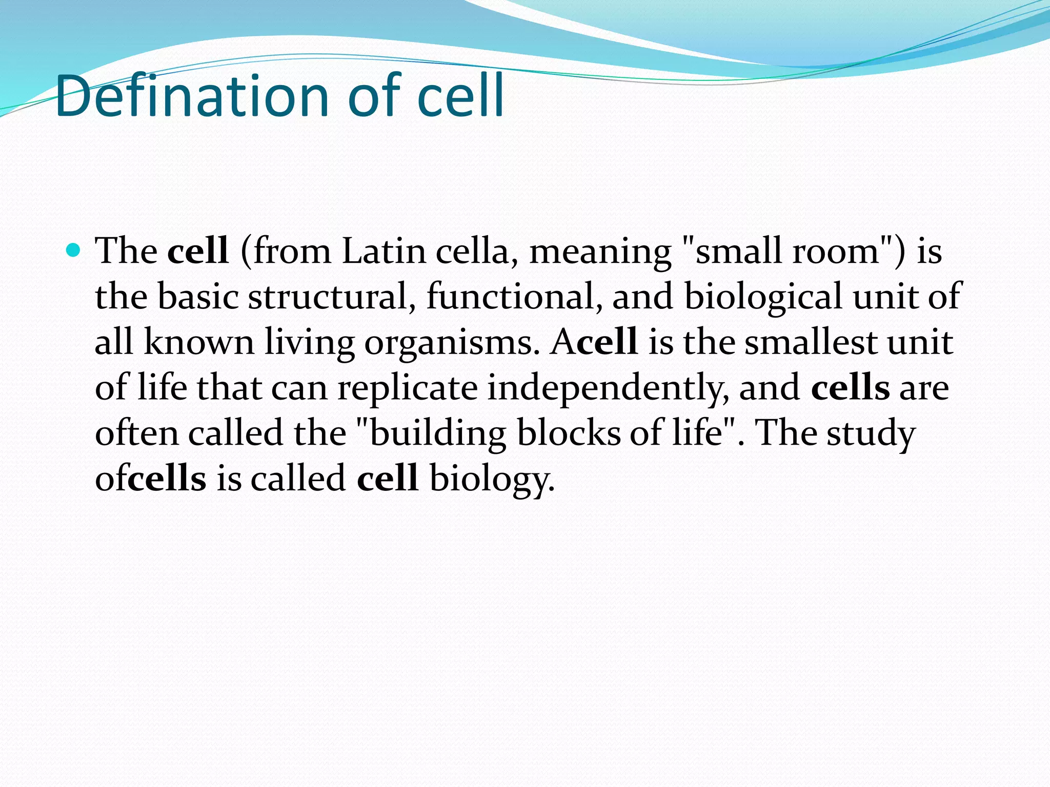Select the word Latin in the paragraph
384,252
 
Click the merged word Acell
594,342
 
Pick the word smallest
811,342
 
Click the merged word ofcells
151,478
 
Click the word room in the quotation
836,252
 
